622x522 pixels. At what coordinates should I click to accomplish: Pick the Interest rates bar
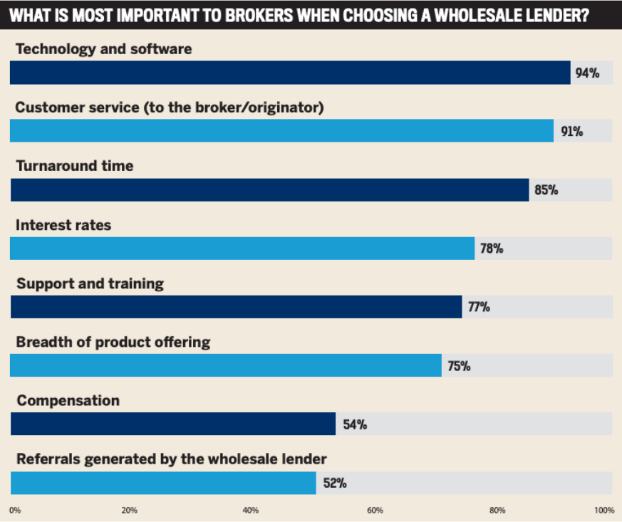(242, 249)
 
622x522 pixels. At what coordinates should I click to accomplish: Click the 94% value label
(587, 73)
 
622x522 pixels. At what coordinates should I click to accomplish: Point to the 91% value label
(571, 132)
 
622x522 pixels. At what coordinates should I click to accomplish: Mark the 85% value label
(546, 190)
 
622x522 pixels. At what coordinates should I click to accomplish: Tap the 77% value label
(478, 308)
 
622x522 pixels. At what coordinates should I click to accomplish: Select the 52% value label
(334, 483)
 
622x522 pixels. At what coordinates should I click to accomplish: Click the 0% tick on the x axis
(14, 510)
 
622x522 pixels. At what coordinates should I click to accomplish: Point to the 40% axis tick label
(251, 510)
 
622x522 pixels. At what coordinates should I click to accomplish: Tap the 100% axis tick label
(604, 510)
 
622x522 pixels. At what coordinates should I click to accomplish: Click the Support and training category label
(90, 283)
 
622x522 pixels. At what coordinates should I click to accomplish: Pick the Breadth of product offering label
(113, 342)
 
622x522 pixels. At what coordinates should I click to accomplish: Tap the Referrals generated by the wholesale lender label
(171, 459)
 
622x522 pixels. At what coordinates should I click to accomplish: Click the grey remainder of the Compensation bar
(492, 424)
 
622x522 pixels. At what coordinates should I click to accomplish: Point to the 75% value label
(458, 366)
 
